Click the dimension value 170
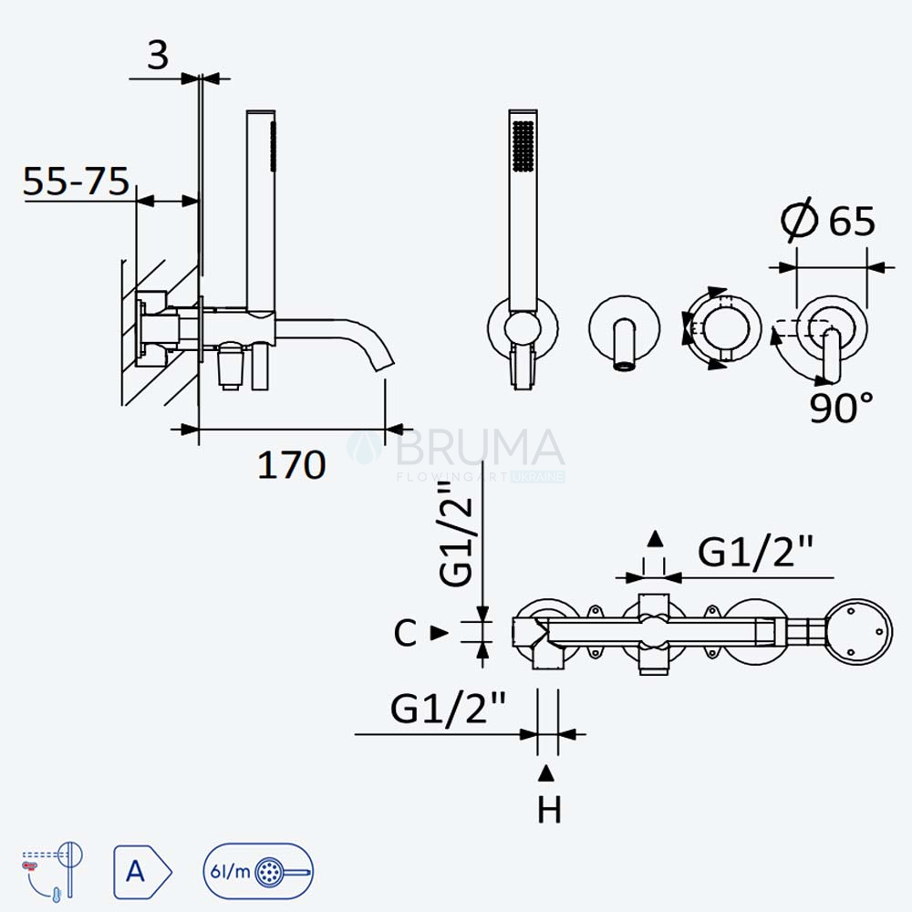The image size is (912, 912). point(292,465)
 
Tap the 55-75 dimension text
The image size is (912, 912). point(76,181)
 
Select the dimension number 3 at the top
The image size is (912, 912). point(158,56)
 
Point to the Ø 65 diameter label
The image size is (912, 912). point(828,221)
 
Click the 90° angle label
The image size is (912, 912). point(841,407)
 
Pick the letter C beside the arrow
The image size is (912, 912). point(405,633)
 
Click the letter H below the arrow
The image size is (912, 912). point(549,810)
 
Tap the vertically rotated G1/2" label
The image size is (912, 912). point(457,534)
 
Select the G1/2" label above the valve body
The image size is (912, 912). point(755,552)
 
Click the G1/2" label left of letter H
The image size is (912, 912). point(448,709)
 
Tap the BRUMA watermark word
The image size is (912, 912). point(480,448)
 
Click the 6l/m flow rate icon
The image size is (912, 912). point(258,871)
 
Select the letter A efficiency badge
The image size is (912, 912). point(142,871)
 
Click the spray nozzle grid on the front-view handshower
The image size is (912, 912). point(523,146)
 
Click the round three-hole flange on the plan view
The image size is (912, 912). point(858,632)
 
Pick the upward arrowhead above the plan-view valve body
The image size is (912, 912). point(655,539)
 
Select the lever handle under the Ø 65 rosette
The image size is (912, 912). point(832,355)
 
